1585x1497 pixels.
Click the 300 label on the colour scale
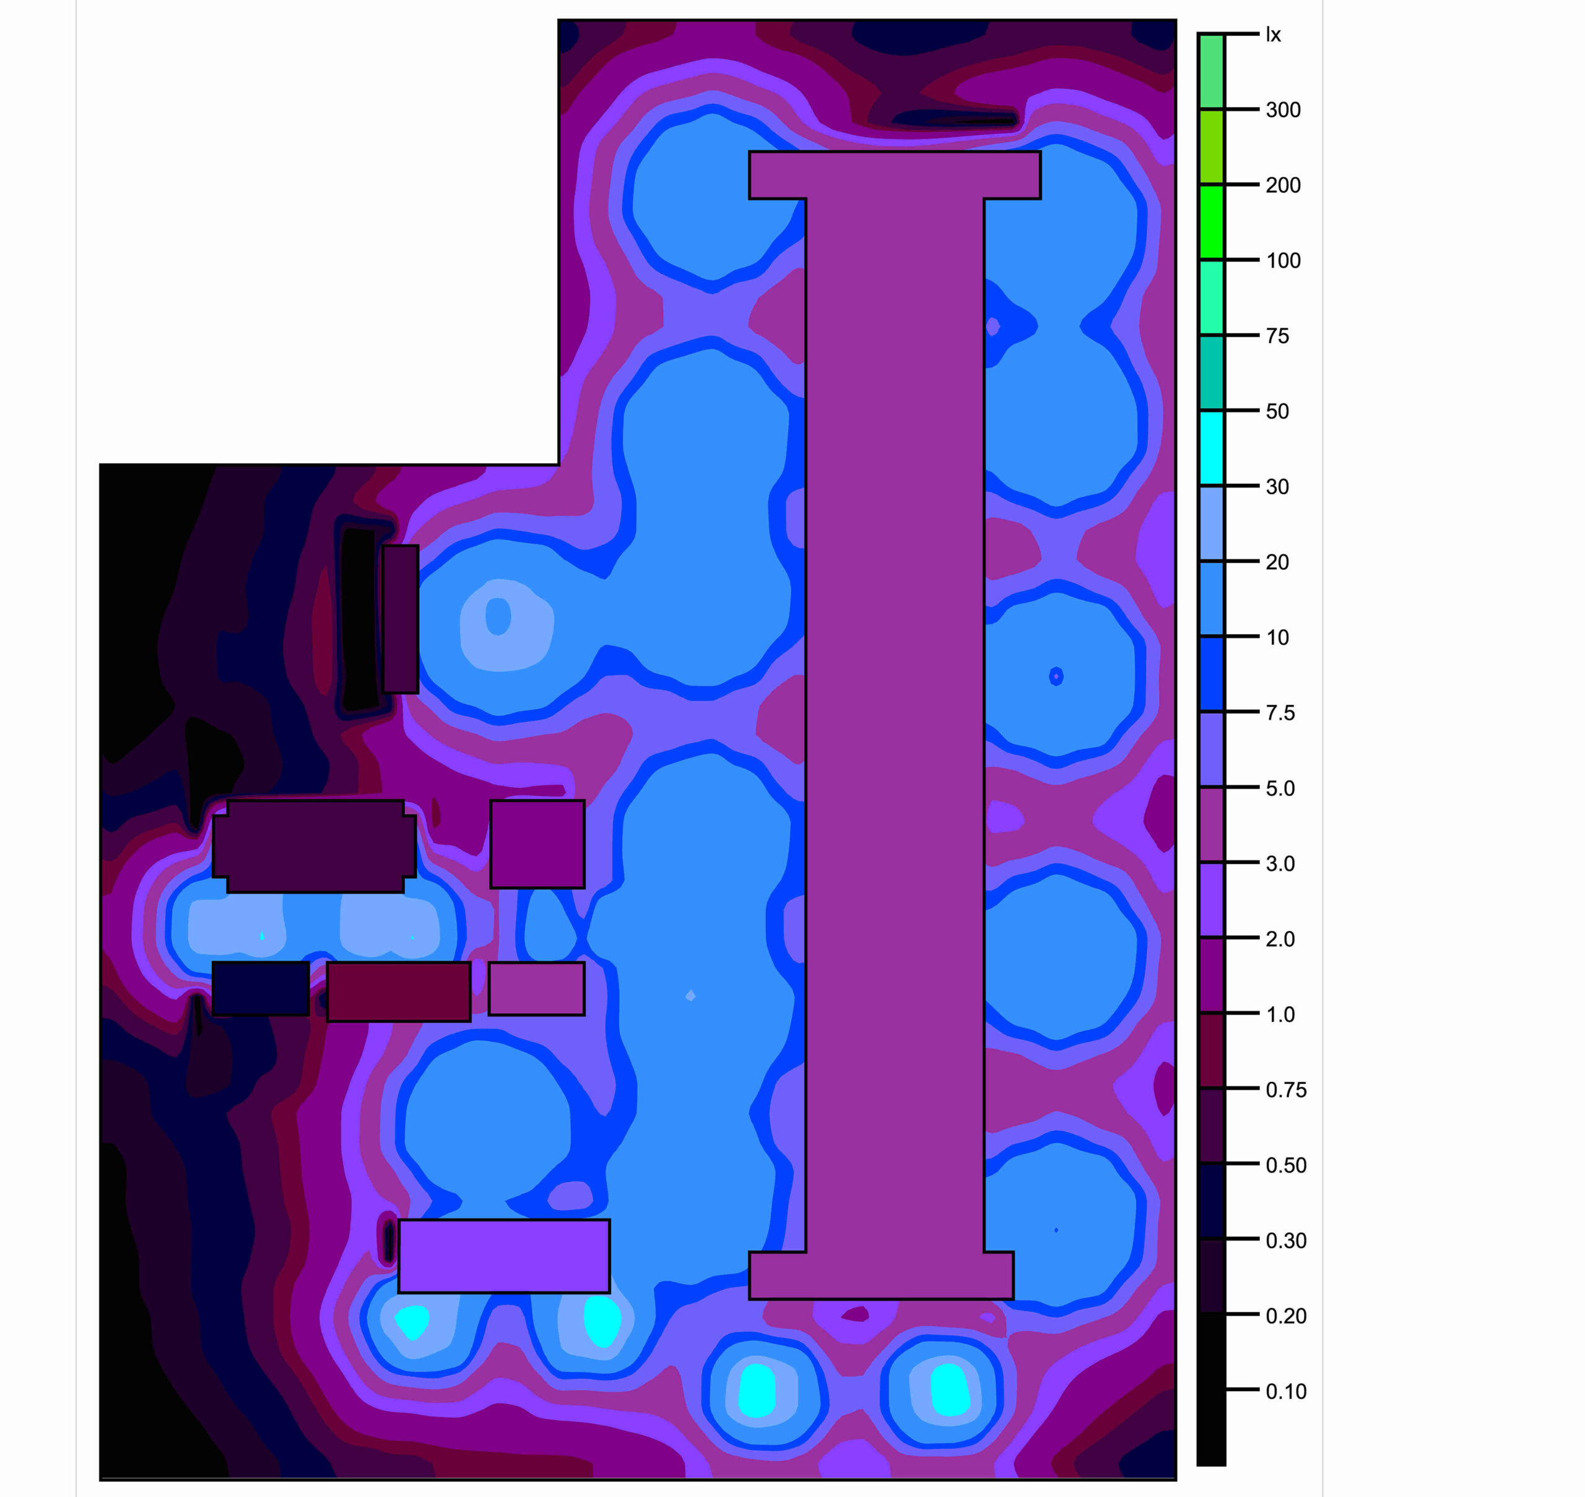1283,110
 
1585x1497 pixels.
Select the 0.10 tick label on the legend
1286,1392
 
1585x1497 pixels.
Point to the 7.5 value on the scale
1280,713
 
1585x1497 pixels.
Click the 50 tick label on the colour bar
1277,411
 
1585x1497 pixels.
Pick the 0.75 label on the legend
1286,1090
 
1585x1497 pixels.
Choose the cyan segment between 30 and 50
1212,448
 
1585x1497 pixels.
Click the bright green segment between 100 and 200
1212,222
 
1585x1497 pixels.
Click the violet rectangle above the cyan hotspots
504,1256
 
